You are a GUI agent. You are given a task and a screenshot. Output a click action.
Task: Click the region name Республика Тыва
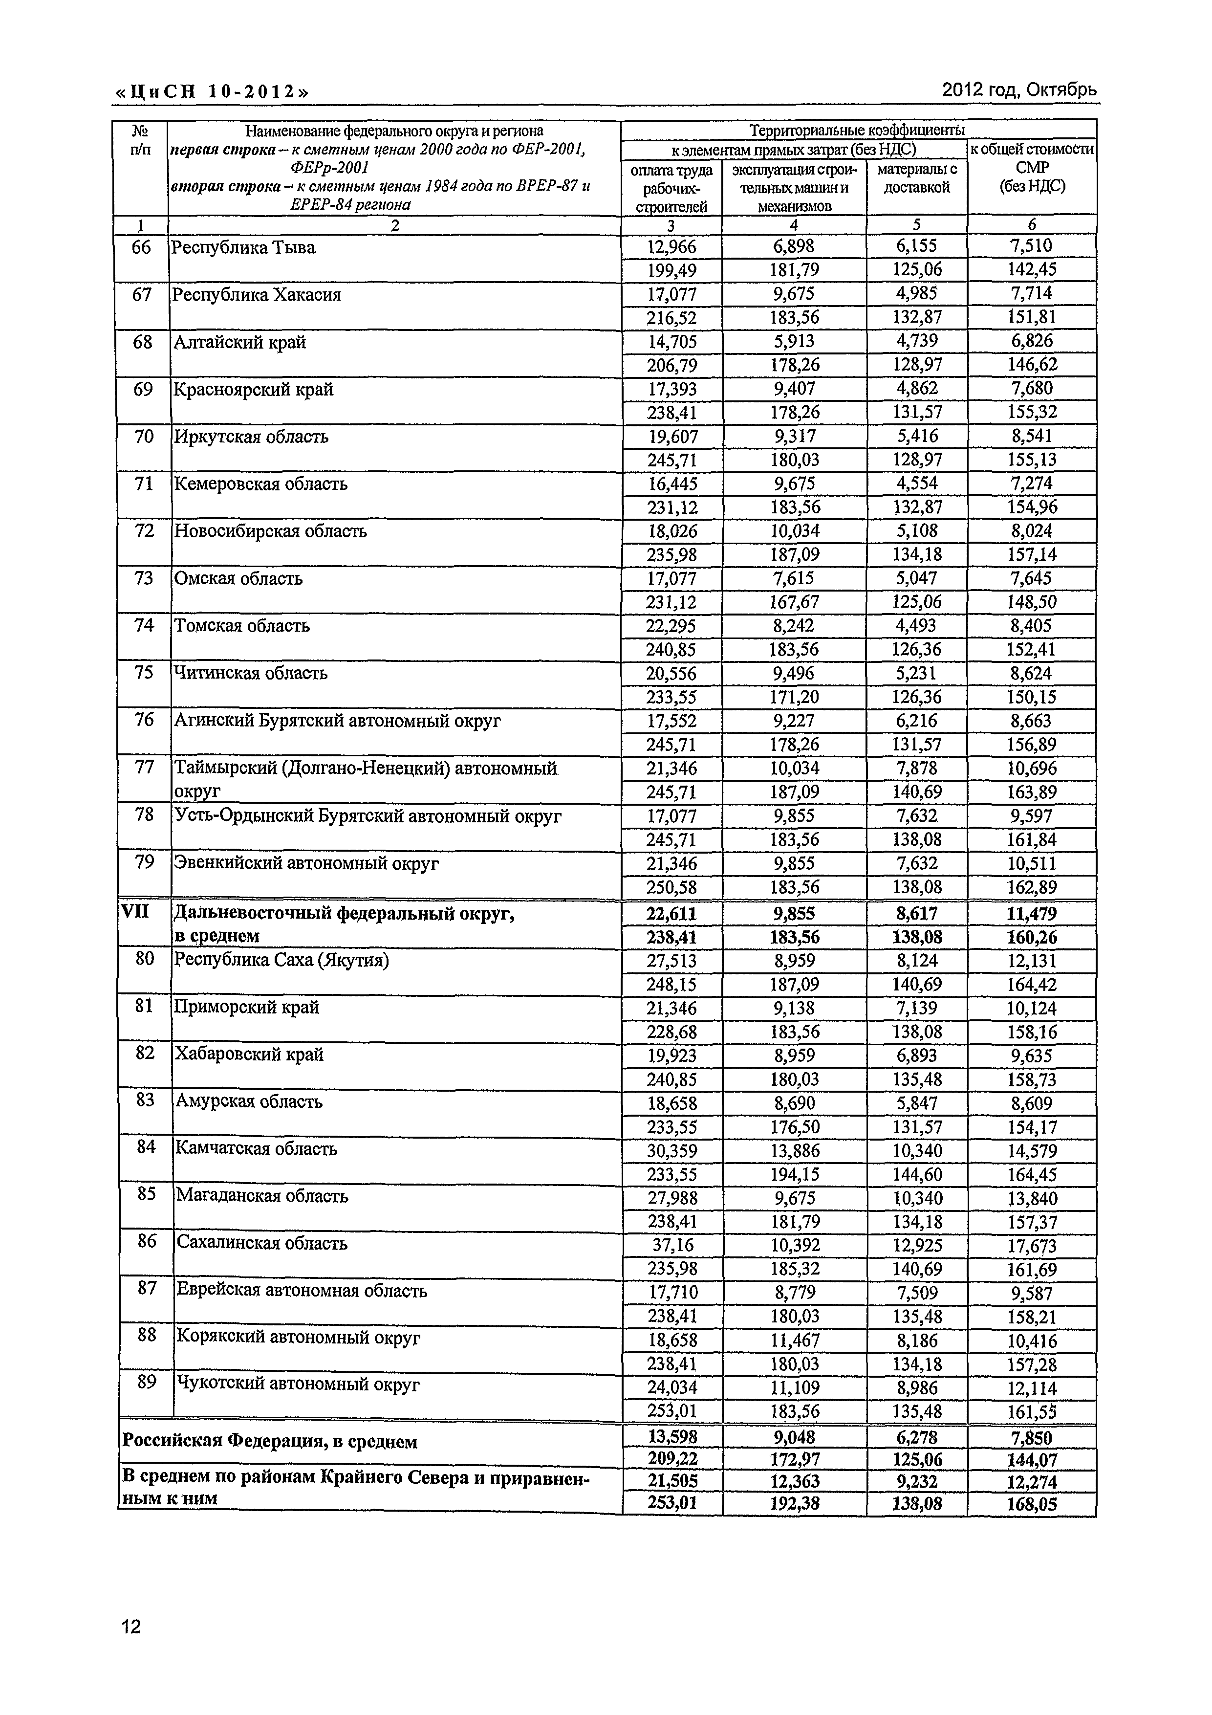243,248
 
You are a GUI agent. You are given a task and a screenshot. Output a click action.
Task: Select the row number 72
143,531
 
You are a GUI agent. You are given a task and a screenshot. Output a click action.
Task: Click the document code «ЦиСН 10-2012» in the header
211,92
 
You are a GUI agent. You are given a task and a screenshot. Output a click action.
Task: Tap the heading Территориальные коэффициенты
857,131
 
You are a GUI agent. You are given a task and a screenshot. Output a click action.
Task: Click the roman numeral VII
135,912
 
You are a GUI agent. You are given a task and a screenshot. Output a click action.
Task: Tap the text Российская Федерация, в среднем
270,1442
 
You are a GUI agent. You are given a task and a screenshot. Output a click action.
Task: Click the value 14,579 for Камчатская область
1031,1151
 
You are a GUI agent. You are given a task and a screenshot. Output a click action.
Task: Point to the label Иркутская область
251,437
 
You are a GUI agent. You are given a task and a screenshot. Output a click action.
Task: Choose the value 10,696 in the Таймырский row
1031,769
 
